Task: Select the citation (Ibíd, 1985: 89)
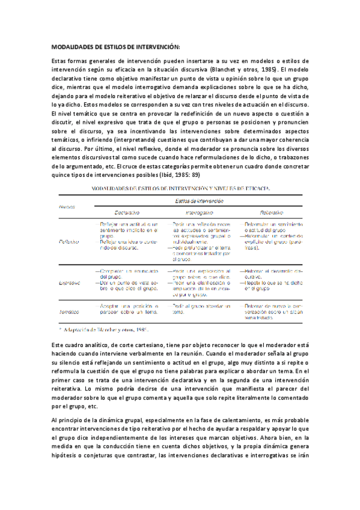[180, 174]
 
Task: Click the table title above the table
[180, 188]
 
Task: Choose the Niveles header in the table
[67, 206]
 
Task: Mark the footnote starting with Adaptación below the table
[105, 331]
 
